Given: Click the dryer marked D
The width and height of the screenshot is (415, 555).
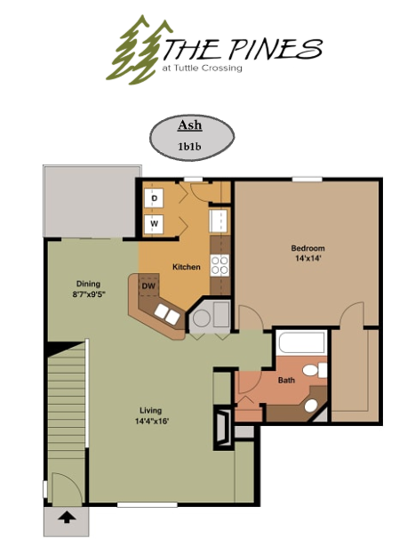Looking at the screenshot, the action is (x=154, y=197).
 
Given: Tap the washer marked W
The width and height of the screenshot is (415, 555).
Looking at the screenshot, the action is (x=154, y=224).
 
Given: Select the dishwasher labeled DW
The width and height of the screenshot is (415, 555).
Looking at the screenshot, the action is (x=149, y=286).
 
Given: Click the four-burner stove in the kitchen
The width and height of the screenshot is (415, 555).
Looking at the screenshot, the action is (x=219, y=265).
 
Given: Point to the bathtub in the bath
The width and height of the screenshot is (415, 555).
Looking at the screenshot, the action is (x=302, y=342).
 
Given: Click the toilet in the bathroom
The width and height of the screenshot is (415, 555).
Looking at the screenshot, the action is (x=315, y=370).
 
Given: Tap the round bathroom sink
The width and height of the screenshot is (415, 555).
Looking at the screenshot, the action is (x=311, y=406).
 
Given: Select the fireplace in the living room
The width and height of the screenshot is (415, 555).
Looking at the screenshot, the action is (x=223, y=429).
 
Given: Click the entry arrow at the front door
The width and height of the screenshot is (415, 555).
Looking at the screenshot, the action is (x=67, y=519).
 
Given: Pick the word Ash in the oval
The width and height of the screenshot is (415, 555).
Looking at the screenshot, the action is (x=190, y=125).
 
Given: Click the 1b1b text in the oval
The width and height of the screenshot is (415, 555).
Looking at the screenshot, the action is (x=189, y=146).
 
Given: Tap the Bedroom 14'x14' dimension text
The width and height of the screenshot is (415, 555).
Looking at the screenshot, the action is (x=308, y=259).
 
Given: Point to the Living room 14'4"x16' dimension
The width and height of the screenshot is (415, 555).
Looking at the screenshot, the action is (x=151, y=422).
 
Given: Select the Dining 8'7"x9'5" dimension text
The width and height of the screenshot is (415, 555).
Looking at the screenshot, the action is (x=89, y=294).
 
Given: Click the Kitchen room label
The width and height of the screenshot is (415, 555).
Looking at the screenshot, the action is (x=187, y=267).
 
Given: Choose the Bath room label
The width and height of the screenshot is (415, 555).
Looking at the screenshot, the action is (x=286, y=380).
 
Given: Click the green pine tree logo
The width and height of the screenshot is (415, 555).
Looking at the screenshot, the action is (x=138, y=50).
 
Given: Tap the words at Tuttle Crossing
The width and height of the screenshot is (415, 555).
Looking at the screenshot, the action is (x=202, y=68).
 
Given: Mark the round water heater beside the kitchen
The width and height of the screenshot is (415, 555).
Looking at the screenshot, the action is (x=202, y=318).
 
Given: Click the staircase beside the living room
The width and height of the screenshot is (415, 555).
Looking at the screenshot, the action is (x=67, y=407).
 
